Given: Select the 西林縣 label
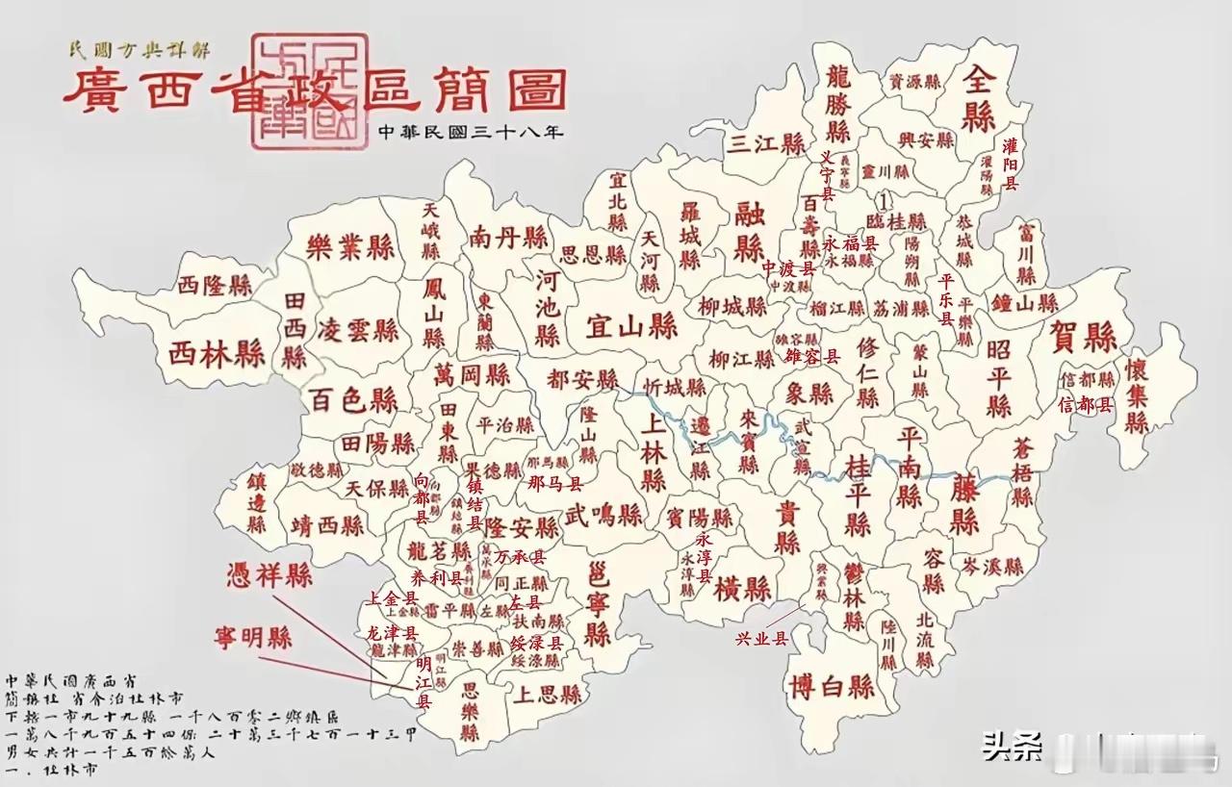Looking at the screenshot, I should pos(218,353).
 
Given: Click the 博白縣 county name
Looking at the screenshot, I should pos(831,687).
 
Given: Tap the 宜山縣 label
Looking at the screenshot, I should pos(631,327).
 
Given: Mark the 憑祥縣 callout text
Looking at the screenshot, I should pos(269,576).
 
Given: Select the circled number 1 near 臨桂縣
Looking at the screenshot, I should pos(885,199).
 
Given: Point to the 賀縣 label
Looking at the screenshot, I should pos(1084,338).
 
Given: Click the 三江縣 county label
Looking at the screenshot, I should pos(765,144).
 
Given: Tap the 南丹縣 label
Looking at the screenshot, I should pos(509,238).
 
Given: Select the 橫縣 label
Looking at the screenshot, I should pos(743,588).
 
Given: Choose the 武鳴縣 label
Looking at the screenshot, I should pos(603,515).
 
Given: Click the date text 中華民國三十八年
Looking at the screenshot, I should pos(470,132).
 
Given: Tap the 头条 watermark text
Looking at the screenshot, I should pos(1012,746).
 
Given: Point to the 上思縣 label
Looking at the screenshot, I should pos(547,694).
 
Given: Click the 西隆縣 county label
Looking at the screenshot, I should pos(215,285).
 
